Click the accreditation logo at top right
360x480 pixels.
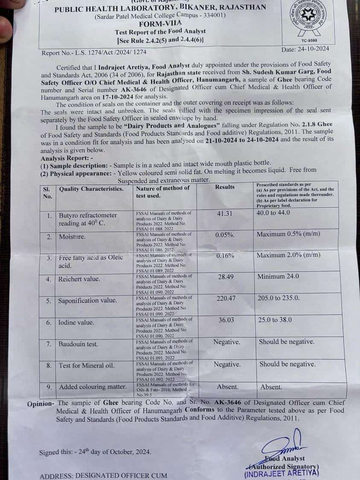coord(311,17)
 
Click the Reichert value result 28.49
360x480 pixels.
coord(225,277)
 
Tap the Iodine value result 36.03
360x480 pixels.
coord(226,320)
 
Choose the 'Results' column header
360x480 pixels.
coord(225,187)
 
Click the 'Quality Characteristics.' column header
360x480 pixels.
coord(91,189)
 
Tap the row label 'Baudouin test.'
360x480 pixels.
coord(80,344)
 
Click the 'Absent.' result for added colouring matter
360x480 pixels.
coord(227,386)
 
